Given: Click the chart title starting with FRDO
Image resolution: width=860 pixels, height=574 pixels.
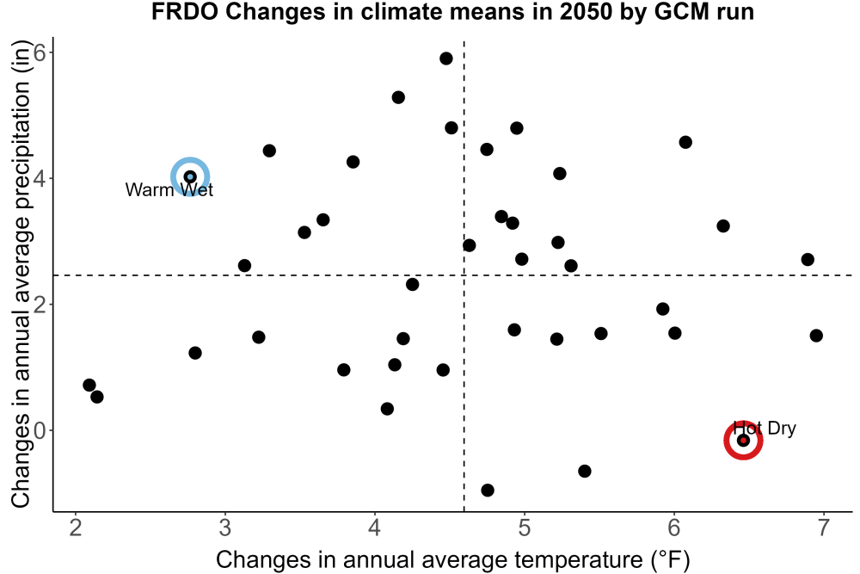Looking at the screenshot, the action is (452, 11).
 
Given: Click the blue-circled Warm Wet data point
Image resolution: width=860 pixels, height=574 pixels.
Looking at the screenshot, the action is (190, 176).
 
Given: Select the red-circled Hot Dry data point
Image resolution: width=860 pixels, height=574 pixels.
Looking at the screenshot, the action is (743, 440).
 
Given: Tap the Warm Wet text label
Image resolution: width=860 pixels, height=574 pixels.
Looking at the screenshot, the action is (169, 190).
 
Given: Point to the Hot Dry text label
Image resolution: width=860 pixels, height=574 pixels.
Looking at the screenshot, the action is (765, 428).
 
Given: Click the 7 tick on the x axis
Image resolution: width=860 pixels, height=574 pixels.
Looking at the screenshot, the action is (823, 528).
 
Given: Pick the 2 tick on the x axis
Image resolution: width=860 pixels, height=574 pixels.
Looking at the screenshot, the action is (76, 528).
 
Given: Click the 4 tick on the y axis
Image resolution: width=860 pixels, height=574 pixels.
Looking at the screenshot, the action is (40, 178).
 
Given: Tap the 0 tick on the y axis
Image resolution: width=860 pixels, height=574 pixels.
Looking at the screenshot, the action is (40, 430).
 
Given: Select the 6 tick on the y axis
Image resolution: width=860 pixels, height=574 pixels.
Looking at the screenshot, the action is (40, 52).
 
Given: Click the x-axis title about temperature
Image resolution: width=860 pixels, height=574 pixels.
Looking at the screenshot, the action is (452, 559).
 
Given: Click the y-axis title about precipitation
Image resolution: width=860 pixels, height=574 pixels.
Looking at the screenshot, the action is (21, 275).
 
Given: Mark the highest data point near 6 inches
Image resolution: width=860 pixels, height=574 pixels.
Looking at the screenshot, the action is (445, 59).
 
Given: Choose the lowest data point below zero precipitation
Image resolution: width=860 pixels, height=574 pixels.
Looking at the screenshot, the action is (487, 490).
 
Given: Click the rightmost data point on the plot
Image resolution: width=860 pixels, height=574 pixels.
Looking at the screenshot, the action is (816, 336).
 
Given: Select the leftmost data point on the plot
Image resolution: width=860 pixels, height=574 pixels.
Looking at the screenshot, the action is (89, 386).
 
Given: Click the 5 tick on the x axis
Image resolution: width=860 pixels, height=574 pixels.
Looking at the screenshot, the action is (525, 528).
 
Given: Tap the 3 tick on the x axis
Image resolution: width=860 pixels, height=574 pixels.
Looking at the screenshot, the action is (225, 528).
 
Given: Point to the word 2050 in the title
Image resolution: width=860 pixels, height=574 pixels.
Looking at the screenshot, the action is (586, 11).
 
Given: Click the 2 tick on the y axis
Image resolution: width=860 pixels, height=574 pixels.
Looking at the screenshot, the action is (40, 305).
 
